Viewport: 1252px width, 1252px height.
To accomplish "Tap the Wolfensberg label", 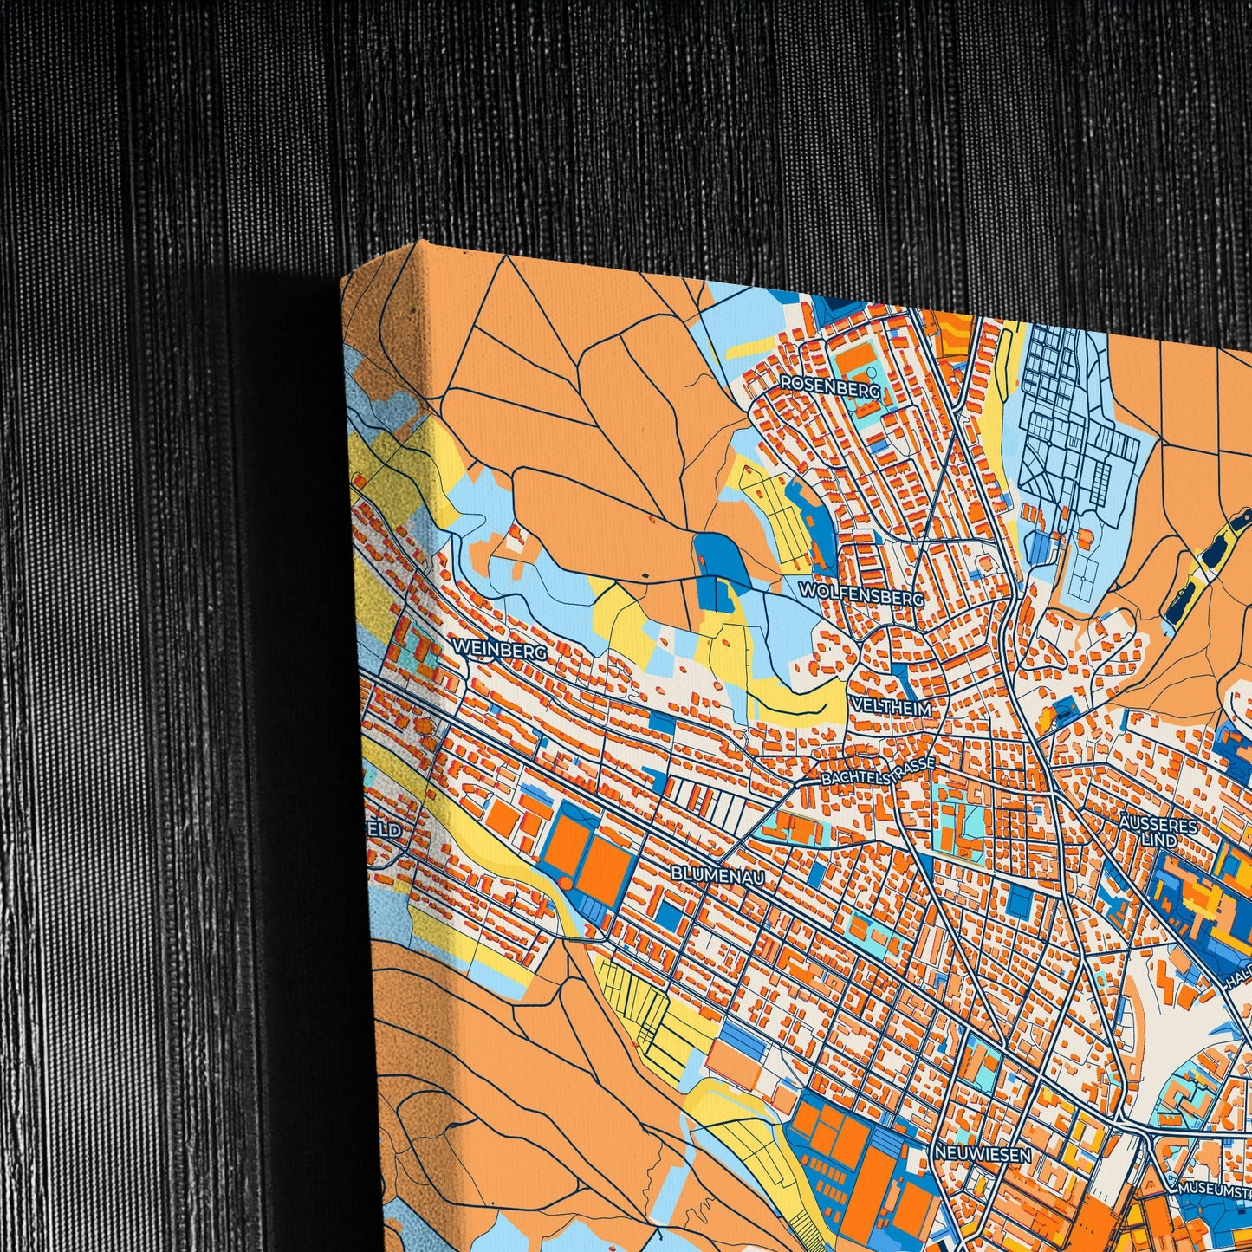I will tap(861, 594).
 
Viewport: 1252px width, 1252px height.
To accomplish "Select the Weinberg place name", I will tap(499, 649).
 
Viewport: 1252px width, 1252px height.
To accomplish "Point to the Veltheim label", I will tap(891, 708).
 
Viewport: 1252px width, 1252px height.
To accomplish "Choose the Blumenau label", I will tap(717, 874).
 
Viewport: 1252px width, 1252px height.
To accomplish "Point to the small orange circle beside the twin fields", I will tap(565, 882).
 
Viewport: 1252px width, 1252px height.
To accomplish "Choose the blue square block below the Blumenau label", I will tap(669, 912).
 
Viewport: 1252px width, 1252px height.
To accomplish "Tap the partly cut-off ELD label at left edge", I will tap(387, 830).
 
